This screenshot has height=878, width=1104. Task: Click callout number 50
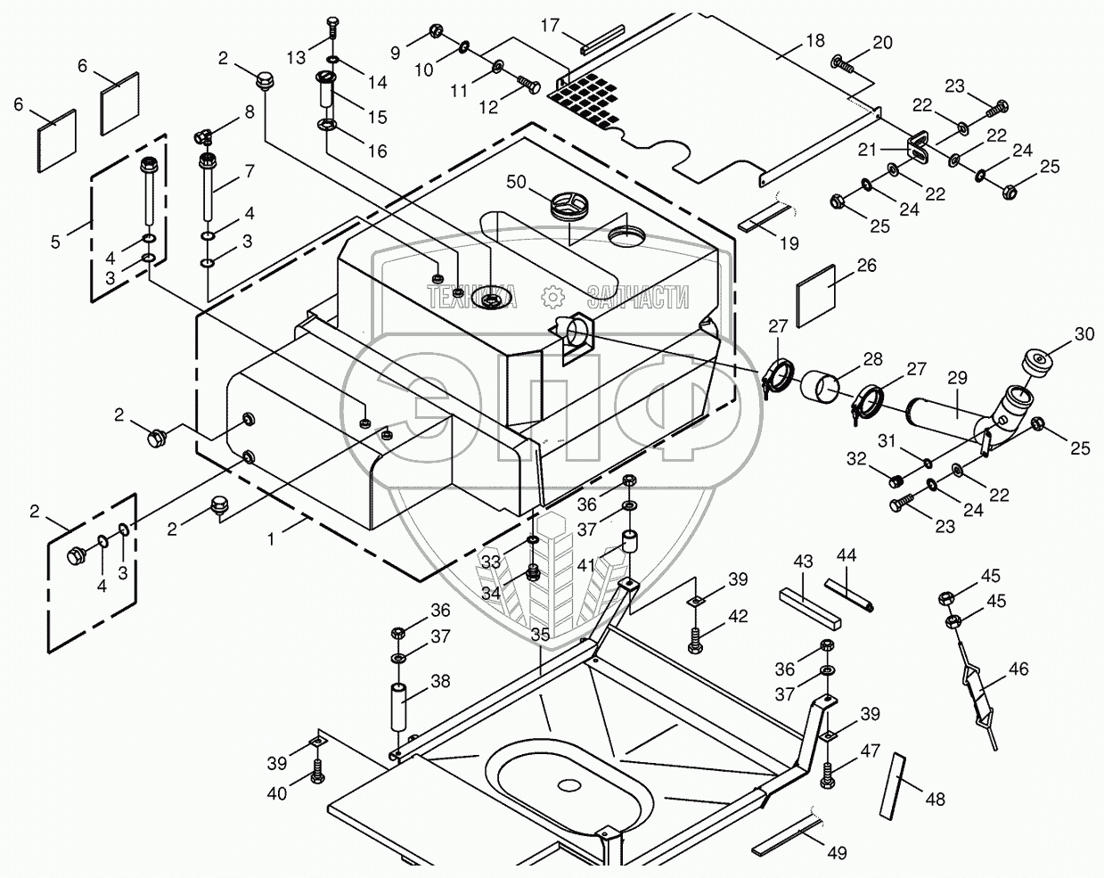pyautogui.click(x=515, y=183)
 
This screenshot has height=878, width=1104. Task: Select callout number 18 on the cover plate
pyautogui.click(x=814, y=40)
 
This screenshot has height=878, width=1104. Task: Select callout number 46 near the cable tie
pyautogui.click(x=1018, y=669)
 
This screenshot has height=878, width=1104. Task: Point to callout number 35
pyautogui.click(x=540, y=636)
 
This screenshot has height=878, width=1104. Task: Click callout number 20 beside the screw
pyautogui.click(x=882, y=42)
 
